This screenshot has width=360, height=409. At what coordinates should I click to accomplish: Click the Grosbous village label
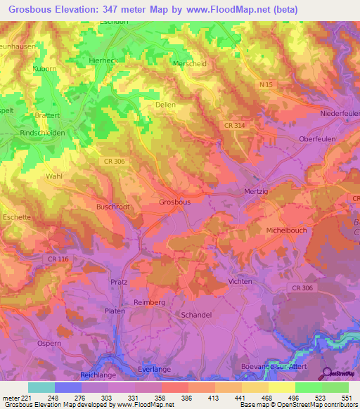click(x=174, y=202)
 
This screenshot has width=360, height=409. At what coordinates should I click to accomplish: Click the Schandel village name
click(x=197, y=315)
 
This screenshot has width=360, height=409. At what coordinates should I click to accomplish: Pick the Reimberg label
click(x=149, y=302)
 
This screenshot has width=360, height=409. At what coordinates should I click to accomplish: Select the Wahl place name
click(x=54, y=176)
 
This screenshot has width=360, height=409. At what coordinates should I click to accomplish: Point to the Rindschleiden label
click(x=43, y=132)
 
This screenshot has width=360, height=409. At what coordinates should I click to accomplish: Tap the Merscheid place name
click(x=189, y=63)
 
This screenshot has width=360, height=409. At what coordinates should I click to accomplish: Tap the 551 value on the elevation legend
click(x=345, y=397)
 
